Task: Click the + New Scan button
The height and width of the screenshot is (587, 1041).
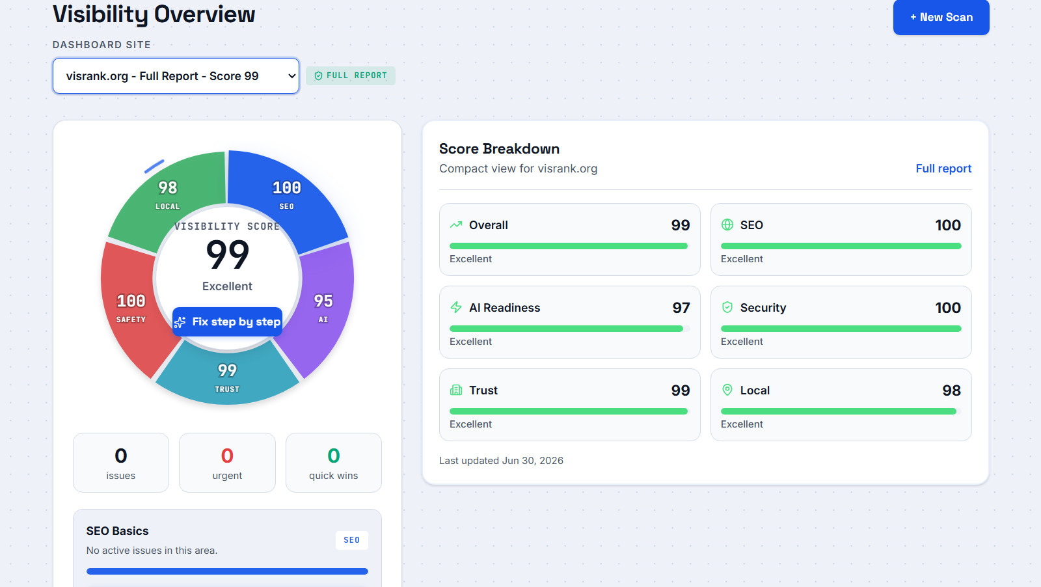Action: coord(941,17)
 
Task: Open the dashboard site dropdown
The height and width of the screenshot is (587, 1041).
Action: coord(176,75)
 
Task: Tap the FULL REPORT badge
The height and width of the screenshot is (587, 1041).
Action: coord(351,75)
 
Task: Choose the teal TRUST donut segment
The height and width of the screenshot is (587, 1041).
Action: coord(227,376)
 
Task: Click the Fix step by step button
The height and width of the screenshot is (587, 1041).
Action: coord(227,321)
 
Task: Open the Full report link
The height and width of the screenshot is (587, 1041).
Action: coord(943,169)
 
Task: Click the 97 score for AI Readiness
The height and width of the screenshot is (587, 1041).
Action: coord(681,308)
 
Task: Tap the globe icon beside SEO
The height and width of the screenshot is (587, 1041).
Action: coord(727,225)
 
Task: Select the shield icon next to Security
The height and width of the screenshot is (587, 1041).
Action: coord(727,307)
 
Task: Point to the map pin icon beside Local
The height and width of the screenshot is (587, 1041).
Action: coord(727,390)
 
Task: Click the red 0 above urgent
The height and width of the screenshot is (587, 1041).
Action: coord(227,456)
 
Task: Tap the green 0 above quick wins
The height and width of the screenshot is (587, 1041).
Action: coord(334,456)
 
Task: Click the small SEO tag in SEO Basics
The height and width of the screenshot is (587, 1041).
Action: coord(352,540)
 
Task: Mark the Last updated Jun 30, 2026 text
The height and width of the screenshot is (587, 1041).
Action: coord(501,461)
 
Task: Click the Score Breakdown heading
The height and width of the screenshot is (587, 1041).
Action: coord(499,149)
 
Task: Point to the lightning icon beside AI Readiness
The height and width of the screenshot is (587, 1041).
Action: coord(456,307)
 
